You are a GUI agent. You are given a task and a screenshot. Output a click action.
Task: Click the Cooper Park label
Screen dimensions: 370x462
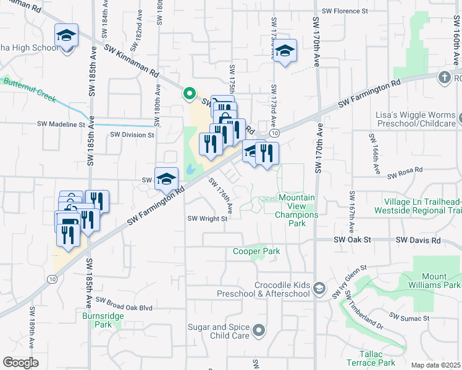click(x=256, y=251)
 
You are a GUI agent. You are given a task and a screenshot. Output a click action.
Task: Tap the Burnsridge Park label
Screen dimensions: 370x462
click(x=97, y=319)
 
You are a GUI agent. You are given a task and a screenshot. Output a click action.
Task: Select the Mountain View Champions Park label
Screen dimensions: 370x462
click(x=296, y=210)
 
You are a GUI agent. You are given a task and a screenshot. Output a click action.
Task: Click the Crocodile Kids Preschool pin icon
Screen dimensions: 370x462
click(x=319, y=289)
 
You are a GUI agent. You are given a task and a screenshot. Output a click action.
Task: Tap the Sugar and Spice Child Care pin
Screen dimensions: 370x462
click(x=260, y=331)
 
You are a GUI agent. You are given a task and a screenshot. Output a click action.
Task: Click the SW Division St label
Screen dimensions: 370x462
click(x=132, y=134)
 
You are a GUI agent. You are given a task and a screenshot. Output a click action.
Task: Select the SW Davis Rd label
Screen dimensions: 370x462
click(x=418, y=239)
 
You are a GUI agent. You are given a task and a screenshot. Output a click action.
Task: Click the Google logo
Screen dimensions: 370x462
click(x=20, y=363)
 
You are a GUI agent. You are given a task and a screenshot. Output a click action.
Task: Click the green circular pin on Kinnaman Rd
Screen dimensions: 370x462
click(x=188, y=93)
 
